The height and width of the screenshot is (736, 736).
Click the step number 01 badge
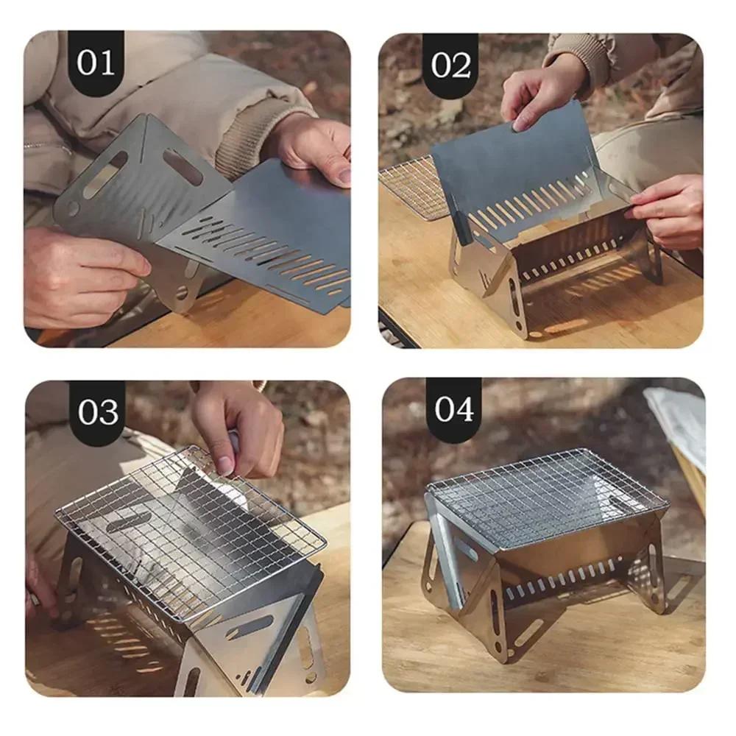(x=96, y=63)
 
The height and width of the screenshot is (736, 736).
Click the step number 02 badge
(x=450, y=66)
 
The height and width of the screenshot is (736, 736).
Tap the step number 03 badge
(x=97, y=412)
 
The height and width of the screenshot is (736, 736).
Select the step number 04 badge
(x=453, y=410)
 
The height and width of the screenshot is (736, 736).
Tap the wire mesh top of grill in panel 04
(x=545, y=493)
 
